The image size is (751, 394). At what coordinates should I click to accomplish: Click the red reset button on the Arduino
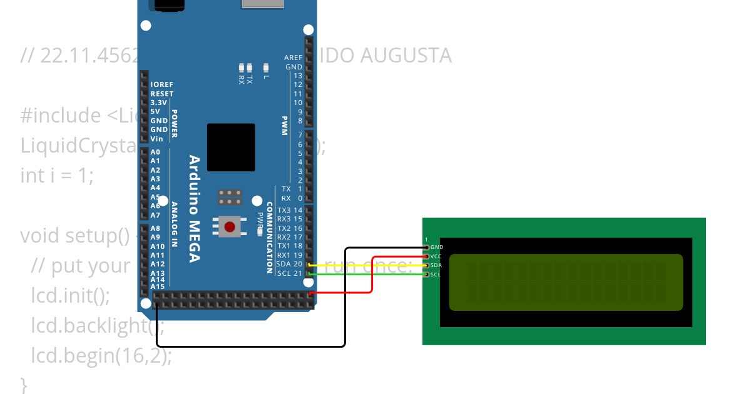tap(230, 226)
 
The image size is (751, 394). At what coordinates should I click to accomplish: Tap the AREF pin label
tap(293, 58)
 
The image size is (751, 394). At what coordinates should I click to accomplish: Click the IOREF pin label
tap(161, 84)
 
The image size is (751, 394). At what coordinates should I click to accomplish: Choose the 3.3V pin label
tap(158, 103)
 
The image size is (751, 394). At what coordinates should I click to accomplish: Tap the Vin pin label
tap(156, 139)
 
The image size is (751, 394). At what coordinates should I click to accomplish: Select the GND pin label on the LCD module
tap(437, 247)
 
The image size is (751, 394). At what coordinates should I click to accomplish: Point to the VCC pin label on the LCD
tap(437, 256)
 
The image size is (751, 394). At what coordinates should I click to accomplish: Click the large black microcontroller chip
tap(231, 147)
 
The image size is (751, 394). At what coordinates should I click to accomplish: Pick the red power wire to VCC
tap(373, 275)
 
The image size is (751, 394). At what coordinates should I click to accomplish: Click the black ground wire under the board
tap(250, 346)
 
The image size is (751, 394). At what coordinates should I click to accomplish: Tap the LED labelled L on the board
tap(266, 68)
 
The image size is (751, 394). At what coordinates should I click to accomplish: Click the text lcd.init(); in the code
tap(70, 295)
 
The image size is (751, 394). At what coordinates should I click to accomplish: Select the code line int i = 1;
tap(57, 176)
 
